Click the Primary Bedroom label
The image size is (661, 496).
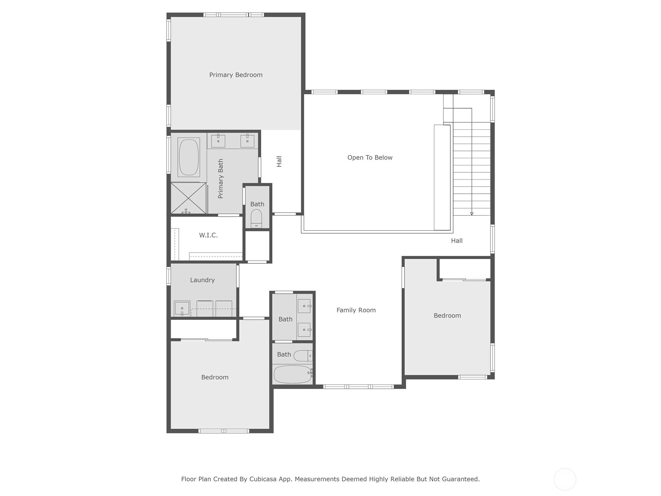[236, 75]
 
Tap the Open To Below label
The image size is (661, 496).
[370, 157]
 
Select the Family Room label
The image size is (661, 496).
[356, 310]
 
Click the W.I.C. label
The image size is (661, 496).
[208, 235]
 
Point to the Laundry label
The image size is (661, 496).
[202, 280]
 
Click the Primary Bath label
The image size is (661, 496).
[221, 179]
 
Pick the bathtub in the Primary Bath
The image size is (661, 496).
[189, 157]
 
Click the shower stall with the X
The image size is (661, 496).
[188, 198]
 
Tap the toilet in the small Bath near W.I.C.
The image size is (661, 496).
[256, 218]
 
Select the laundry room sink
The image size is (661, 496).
[182, 308]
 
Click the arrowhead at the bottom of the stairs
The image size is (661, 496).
[472, 214]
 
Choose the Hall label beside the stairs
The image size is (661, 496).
[457, 241]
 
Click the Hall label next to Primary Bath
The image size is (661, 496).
[279, 162]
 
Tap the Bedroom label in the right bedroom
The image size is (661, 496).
[447, 316]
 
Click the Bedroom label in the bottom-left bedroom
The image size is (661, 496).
[215, 377]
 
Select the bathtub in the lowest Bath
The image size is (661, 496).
[293, 374]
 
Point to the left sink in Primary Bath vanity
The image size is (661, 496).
[218, 141]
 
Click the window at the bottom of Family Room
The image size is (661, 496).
[358, 387]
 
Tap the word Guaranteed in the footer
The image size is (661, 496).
[461, 479]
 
